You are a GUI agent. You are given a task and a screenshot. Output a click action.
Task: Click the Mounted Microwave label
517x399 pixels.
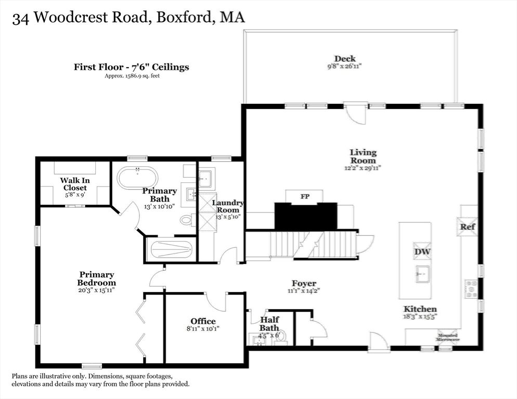447,337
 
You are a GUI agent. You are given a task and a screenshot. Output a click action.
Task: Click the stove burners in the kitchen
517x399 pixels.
471,289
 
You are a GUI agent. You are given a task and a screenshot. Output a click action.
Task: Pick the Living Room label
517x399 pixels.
363,156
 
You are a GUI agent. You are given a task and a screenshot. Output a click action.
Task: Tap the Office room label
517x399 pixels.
203,321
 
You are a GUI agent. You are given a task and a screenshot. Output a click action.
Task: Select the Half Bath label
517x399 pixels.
269,324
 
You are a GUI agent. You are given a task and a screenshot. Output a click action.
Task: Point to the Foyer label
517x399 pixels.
304,284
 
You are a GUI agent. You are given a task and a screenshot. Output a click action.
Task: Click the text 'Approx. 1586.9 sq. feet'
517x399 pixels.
131,76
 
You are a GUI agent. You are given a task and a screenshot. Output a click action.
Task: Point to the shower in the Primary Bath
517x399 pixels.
171,250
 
